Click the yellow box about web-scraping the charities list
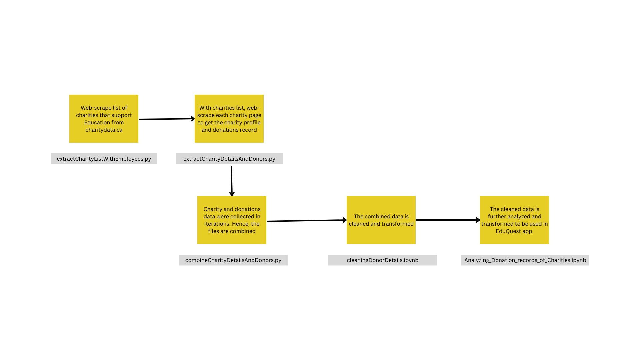tap(104, 119)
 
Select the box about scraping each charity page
tap(229, 119)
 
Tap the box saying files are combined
tap(232, 220)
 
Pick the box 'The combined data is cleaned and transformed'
tap(381, 220)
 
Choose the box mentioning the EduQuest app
tap(514, 220)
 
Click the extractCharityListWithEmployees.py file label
tap(104, 159)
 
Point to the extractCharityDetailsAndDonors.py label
tap(229, 159)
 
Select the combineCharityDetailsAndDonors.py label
tap(233, 260)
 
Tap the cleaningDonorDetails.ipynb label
tap(382, 260)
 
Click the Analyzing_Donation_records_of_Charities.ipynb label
tap(525, 260)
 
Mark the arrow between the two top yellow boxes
tap(166, 119)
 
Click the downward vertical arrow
tap(232, 181)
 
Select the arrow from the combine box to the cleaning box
tap(306, 220)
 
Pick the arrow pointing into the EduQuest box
tap(448, 220)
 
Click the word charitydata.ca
tap(104, 130)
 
